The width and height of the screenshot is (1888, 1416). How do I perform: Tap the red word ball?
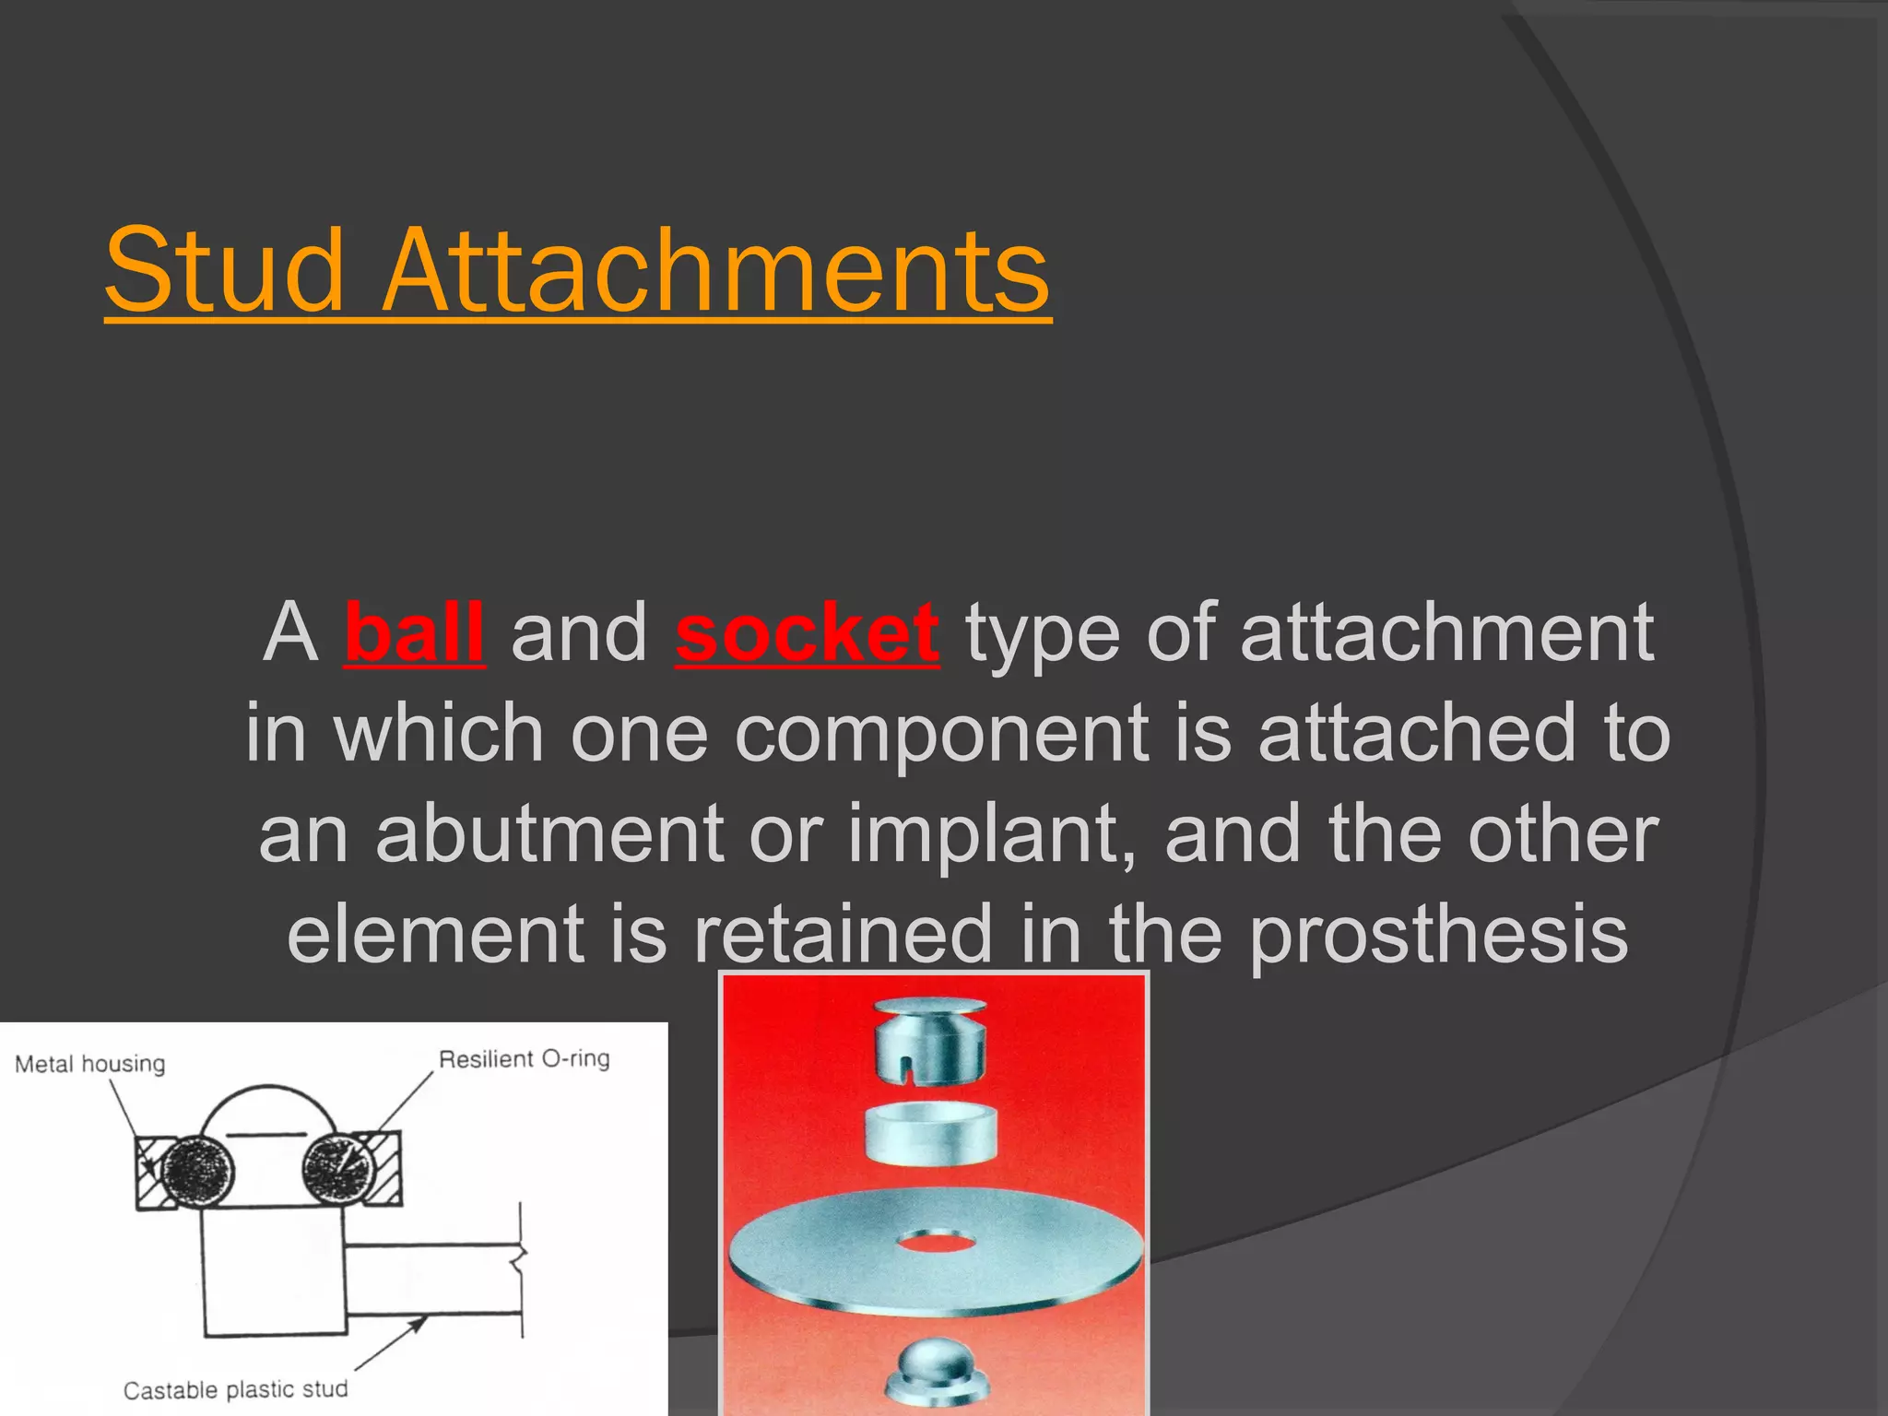(414, 632)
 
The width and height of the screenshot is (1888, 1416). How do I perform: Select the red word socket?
(807, 632)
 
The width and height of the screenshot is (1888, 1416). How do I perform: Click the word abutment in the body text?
(549, 833)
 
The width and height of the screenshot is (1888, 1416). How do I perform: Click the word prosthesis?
(1438, 933)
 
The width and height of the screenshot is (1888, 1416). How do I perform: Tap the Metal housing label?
(89, 1064)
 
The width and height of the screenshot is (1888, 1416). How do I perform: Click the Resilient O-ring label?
(524, 1058)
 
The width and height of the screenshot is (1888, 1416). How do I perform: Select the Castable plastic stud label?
(235, 1389)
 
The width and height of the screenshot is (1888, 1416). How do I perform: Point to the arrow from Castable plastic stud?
(392, 1345)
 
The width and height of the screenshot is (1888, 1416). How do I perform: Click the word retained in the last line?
(843, 933)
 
